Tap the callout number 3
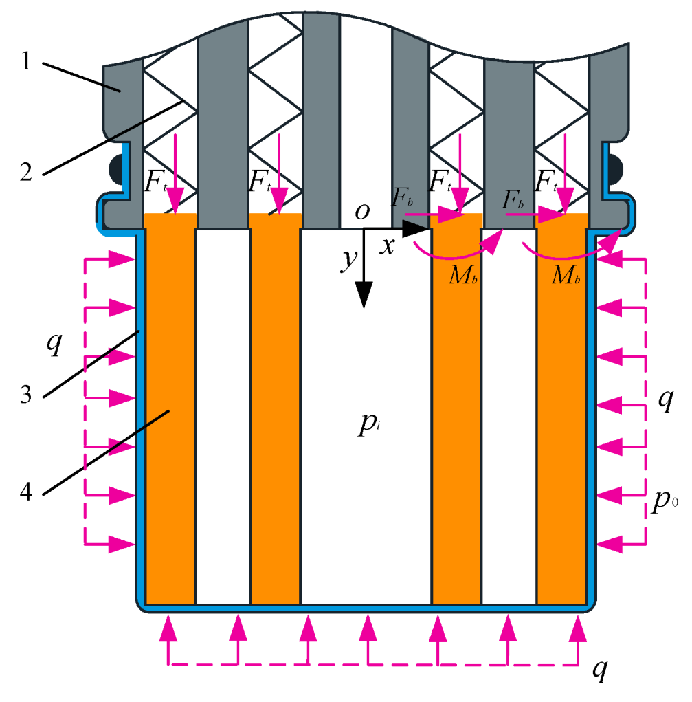pos(25,396)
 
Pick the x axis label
pos(388,245)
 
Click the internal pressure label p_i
pos(364,428)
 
